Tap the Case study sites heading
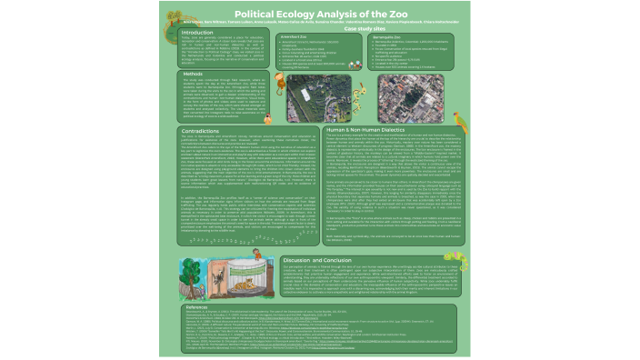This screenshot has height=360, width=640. pyautogui.click(x=370, y=27)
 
